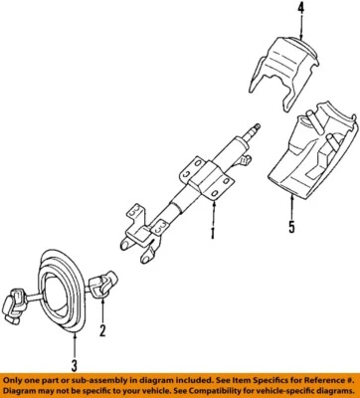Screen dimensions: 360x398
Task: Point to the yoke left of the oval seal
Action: [22, 304]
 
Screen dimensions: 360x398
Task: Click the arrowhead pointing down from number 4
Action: [272, 31]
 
